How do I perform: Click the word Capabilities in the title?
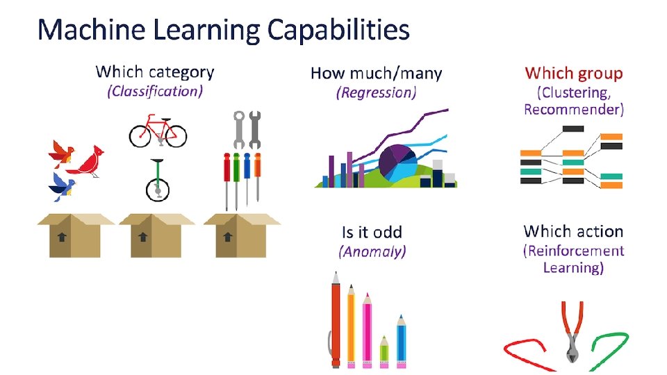click(x=338, y=31)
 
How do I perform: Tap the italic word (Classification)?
click(x=154, y=91)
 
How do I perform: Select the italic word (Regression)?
click(x=376, y=92)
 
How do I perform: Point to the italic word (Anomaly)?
click(x=372, y=251)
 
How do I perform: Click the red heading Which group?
click(x=574, y=73)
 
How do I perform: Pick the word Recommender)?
click(x=574, y=109)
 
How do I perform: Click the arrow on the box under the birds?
click(x=62, y=237)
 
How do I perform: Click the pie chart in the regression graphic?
click(x=397, y=162)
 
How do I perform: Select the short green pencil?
click(x=384, y=350)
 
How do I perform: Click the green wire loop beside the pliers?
click(x=609, y=345)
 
